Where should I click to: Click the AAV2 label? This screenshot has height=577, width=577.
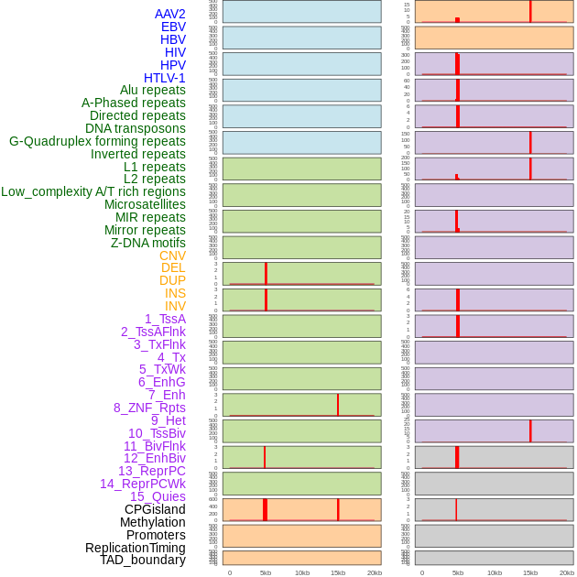tap(170, 14)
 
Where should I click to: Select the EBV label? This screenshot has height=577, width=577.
tap(173, 27)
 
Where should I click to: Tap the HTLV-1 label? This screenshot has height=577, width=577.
tap(165, 78)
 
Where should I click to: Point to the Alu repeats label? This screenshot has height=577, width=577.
tap(153, 90)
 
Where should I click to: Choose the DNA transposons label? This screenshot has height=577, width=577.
tap(136, 128)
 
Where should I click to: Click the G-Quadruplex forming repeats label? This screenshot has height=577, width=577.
tap(97, 141)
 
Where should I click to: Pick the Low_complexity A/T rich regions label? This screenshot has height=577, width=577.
tap(93, 191)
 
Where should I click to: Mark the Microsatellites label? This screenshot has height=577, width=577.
tap(145, 204)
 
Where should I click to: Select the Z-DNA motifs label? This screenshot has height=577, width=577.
tap(148, 243)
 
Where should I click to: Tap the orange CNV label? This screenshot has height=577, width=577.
tap(172, 256)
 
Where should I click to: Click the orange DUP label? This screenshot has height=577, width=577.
tap(172, 280)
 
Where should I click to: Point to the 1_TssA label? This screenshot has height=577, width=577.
tap(165, 319)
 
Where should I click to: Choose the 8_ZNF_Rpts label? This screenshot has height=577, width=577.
tap(149, 408)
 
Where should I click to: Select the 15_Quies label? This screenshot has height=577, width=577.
tap(158, 496)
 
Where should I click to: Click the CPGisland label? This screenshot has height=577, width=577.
tap(155, 509)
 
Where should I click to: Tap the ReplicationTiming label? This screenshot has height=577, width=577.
tap(136, 548)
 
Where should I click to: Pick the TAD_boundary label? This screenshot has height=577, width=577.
tap(143, 560)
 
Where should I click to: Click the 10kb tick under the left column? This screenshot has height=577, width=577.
tap(301, 572)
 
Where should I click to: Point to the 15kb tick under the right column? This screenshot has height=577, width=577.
tap(530, 572)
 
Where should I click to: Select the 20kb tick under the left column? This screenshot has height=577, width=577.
tap(374, 572)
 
